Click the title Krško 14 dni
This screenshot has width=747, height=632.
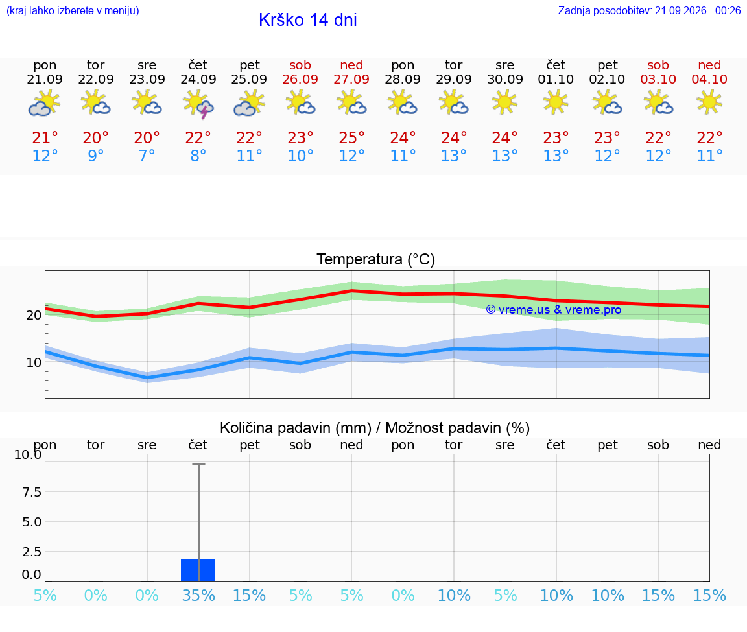(308, 20)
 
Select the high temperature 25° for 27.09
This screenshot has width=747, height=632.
(351, 137)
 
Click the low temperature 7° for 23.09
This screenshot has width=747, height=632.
(147, 156)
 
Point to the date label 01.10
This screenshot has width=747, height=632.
(556, 79)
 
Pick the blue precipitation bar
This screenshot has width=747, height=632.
(198, 570)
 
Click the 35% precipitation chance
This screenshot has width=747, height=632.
(198, 595)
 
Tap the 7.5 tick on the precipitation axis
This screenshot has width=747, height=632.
(32, 491)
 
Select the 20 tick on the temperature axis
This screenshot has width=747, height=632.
(34, 315)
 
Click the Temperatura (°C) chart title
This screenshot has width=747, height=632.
(376, 259)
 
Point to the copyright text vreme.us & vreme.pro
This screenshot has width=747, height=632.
(554, 310)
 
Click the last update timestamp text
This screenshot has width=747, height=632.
(650, 10)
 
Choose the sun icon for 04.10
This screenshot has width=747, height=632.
(709, 103)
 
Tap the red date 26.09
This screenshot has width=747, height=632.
(300, 79)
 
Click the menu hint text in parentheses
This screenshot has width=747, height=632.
(73, 10)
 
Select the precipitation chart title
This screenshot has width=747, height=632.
(375, 428)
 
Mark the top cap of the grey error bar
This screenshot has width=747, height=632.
(198, 463)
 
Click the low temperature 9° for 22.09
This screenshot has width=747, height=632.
(96, 156)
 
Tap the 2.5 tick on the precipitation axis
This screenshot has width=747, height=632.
(32, 552)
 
